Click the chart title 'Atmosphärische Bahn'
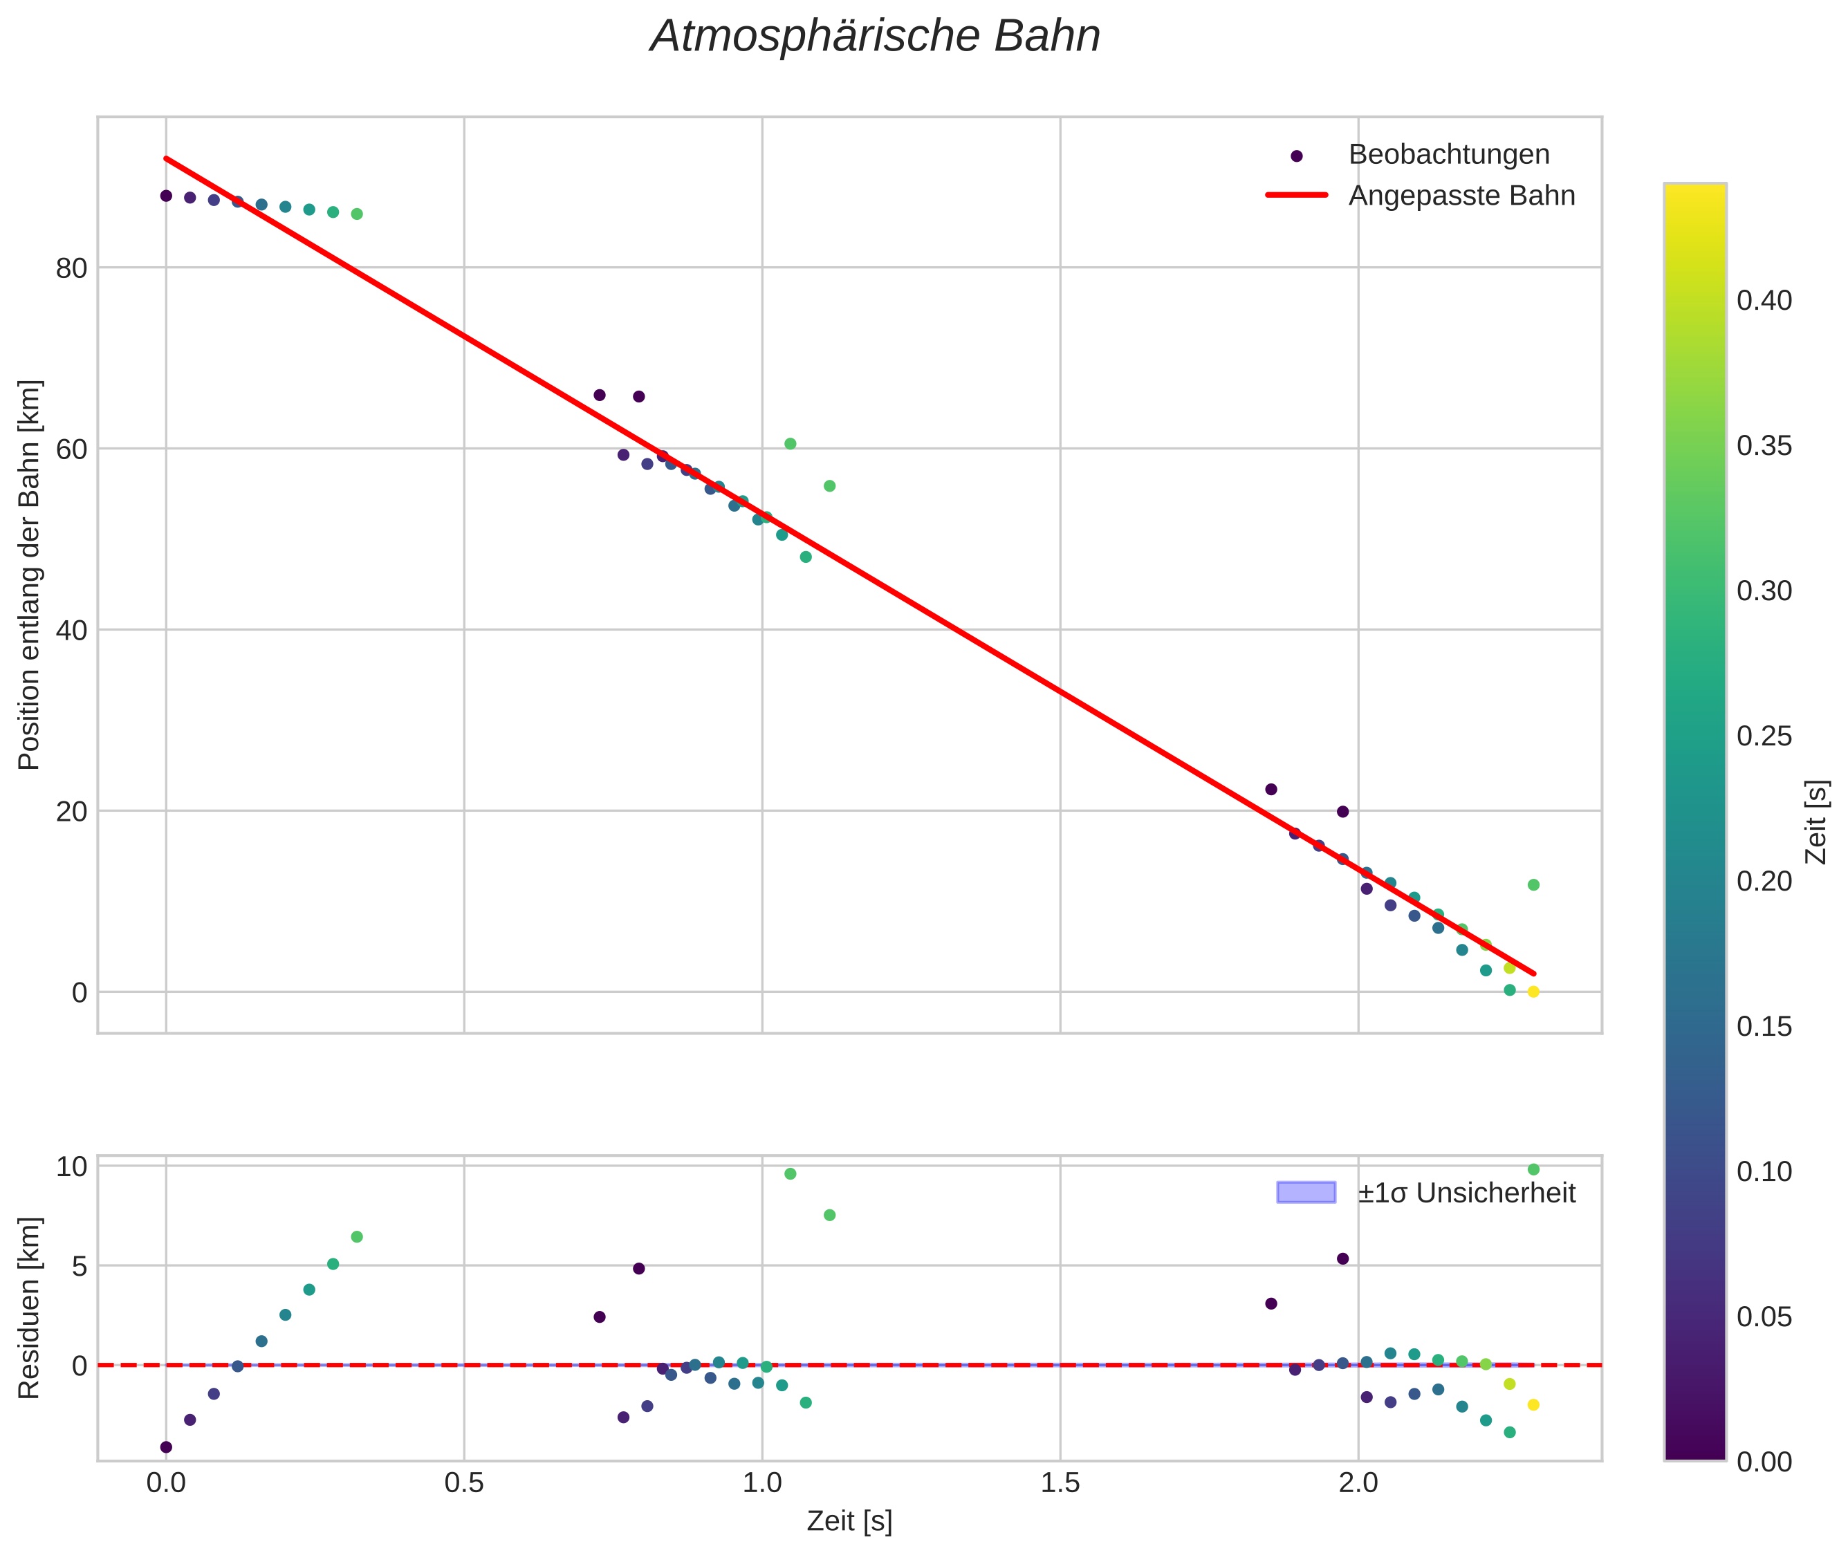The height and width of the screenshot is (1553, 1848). tap(874, 37)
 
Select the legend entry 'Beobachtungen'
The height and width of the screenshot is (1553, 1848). tap(1448, 154)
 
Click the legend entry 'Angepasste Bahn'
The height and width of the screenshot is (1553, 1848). tap(1461, 196)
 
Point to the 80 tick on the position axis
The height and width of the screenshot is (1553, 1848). tap(71, 268)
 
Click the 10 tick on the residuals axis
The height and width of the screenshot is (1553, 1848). tap(71, 1167)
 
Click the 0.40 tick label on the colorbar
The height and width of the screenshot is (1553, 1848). tap(1764, 301)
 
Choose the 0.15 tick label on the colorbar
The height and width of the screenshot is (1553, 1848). tap(1764, 1027)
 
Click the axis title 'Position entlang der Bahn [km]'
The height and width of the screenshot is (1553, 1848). tap(29, 575)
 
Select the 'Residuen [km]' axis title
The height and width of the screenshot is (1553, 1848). tap(29, 1308)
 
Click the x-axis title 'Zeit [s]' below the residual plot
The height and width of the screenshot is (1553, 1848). tap(849, 1521)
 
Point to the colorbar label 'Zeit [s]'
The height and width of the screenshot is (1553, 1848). tap(1816, 822)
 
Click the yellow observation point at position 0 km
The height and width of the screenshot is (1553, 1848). tap(1533, 992)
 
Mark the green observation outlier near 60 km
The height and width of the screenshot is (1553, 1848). tap(790, 444)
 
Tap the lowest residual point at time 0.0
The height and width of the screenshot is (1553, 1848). tap(165, 1447)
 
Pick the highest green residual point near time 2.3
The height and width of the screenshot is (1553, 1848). tap(1533, 1169)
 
